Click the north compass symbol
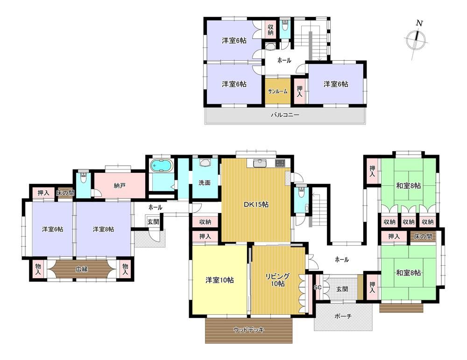[x=417, y=39]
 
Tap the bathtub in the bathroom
[x=162, y=166]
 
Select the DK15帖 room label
[x=256, y=205]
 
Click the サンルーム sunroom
[x=278, y=92]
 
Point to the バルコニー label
[x=285, y=115]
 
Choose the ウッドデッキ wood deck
[x=249, y=330]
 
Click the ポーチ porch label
[x=343, y=316]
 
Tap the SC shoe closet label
[x=318, y=288]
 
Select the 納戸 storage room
[x=120, y=186]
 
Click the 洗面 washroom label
[x=205, y=183]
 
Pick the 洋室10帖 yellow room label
[x=219, y=280]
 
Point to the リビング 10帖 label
[x=277, y=280]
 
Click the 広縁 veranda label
[x=81, y=269]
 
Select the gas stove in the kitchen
[x=280, y=163]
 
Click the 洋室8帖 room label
[x=103, y=229]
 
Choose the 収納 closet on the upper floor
[x=270, y=29]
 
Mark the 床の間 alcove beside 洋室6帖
[x=65, y=193]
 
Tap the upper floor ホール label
[x=284, y=60]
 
